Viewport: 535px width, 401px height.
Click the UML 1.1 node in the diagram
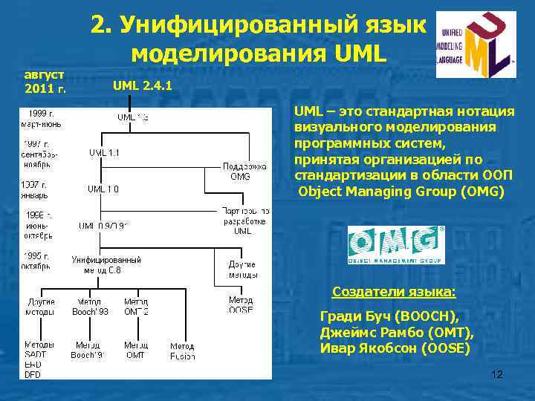point(104,152)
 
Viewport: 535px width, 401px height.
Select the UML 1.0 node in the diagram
point(103,189)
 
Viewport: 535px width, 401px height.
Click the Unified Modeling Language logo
point(475,45)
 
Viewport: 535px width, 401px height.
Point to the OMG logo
point(396,245)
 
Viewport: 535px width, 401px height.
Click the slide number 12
point(497,375)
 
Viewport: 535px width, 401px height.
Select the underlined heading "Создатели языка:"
point(394,291)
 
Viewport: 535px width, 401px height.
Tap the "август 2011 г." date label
point(45,82)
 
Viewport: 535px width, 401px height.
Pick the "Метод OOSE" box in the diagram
point(241,305)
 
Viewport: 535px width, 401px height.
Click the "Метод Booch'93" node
point(90,307)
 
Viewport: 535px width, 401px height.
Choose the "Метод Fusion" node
point(182,351)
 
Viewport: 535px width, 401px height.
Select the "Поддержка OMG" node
point(240,172)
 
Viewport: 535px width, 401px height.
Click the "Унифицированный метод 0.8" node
point(106,265)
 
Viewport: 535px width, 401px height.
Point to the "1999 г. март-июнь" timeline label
point(41,120)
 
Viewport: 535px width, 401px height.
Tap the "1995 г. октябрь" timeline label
point(36,259)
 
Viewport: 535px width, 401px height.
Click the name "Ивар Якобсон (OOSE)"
point(394,348)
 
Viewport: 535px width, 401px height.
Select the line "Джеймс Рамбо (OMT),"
point(396,331)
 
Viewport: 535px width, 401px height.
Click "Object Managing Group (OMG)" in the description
point(401,191)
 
